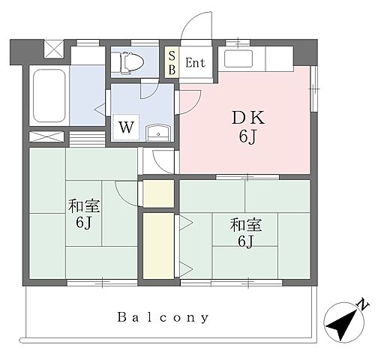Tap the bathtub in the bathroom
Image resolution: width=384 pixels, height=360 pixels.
tap(50, 98)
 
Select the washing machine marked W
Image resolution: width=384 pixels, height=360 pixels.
tap(127, 126)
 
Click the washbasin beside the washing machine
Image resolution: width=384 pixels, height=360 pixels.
tap(158, 133)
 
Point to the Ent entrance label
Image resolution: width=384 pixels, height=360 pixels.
tap(196, 63)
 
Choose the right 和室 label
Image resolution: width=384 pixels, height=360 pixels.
tap(245, 223)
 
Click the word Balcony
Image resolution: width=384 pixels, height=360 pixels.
tap(163, 316)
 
